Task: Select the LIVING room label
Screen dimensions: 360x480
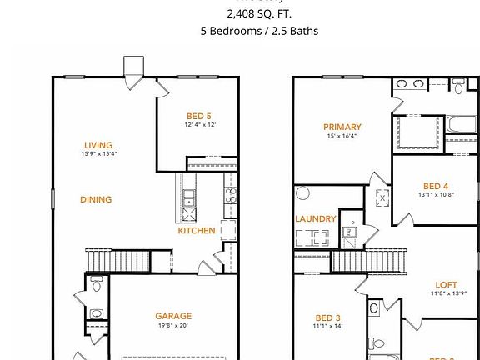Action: coord(98,145)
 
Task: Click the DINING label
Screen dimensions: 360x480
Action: coord(96,199)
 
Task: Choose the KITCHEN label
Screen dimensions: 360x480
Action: coord(197,231)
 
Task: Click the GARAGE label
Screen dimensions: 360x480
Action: coord(173,316)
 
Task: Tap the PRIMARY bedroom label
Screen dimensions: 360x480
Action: coord(342,127)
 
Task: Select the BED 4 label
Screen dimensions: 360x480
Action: coord(436,186)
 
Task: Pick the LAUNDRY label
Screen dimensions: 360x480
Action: coord(316,219)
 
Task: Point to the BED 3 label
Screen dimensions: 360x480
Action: coord(328,317)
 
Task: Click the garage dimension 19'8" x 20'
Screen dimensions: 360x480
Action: coord(173,326)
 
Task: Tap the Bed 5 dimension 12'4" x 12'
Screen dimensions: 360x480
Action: coord(201,125)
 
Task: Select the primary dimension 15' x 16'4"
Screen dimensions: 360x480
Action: coord(342,137)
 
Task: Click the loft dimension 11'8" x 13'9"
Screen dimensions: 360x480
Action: coord(448,293)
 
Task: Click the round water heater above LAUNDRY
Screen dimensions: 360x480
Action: coord(302,193)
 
